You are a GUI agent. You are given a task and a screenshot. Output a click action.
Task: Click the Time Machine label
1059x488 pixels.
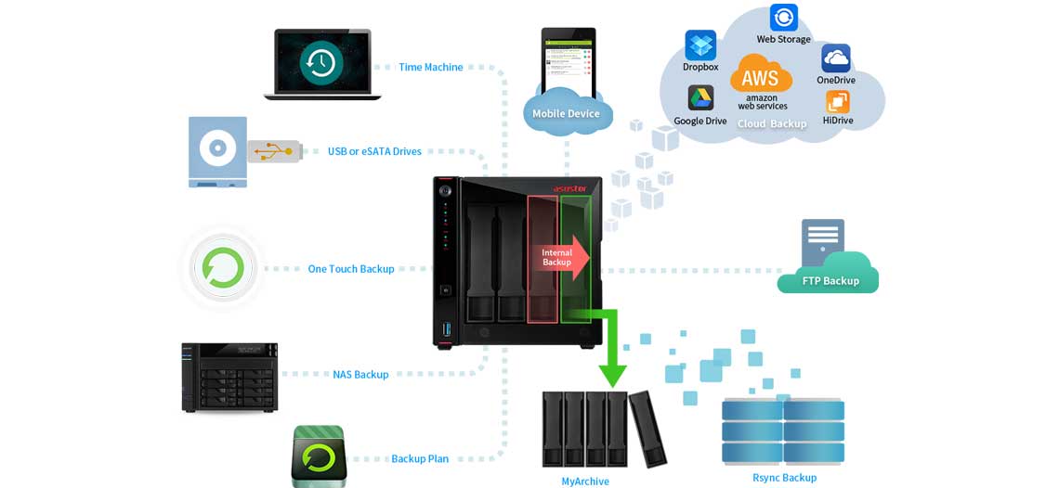[430, 67]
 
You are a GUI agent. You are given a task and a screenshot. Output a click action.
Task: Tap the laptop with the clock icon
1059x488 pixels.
[321, 63]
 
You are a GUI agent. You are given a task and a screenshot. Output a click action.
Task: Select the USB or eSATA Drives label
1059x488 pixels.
[374, 151]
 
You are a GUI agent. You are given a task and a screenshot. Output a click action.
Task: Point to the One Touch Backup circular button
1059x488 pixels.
[223, 268]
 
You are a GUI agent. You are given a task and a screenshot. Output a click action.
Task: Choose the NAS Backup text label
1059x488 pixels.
[360, 375]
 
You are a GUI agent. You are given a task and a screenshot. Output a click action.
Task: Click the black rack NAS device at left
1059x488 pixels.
[229, 376]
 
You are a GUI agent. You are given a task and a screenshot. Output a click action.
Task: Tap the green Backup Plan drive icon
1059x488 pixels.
[319, 456]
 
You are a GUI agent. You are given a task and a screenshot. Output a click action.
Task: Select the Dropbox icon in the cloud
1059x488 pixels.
[700, 45]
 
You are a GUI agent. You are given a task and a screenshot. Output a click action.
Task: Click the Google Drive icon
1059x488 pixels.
[700, 98]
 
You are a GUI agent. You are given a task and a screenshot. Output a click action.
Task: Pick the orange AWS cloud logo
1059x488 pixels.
[761, 75]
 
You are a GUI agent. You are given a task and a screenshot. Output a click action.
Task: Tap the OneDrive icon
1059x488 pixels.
[836, 58]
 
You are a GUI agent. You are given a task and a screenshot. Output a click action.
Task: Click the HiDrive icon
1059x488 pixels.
[837, 102]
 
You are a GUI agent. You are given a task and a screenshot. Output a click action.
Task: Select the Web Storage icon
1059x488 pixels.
[783, 19]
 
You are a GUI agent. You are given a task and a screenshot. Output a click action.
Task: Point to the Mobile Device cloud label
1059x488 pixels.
[566, 113]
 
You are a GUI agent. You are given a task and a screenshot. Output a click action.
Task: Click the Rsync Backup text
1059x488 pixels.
[784, 478]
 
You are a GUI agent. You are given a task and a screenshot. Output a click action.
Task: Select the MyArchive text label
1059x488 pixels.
[585, 481]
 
